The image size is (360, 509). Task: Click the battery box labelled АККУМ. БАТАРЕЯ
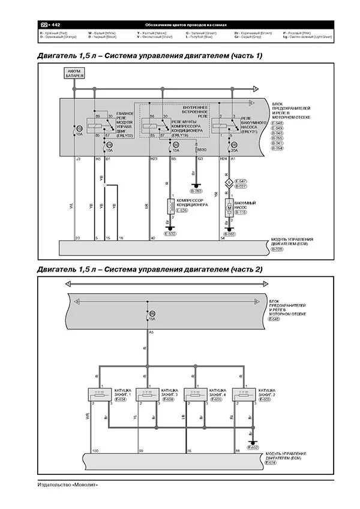coord(74,74)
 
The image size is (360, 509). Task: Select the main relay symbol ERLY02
coord(98,125)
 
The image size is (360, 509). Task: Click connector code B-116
coord(241,212)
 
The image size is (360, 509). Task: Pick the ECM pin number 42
coord(153,239)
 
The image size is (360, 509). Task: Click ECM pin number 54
coord(223,239)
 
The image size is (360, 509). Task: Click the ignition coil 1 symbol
coord(100,395)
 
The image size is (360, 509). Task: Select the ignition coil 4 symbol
coord(196,395)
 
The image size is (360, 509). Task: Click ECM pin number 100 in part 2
coord(95,450)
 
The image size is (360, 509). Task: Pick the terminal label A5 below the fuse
coord(151,332)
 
